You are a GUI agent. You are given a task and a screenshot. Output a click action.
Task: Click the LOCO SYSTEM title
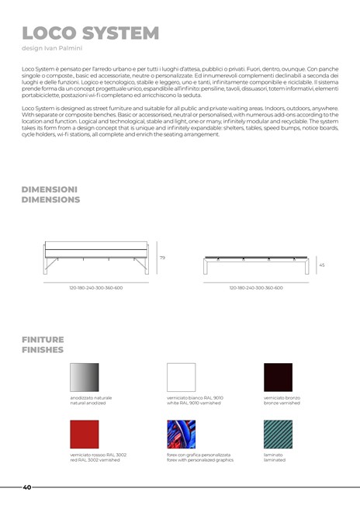(x=91, y=33)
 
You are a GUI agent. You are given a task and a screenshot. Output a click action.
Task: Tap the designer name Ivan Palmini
(x=61, y=49)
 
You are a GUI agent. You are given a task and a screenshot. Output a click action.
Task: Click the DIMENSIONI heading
(x=50, y=189)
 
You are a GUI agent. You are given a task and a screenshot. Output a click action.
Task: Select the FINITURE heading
(x=43, y=340)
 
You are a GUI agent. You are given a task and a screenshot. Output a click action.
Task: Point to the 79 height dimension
(x=162, y=258)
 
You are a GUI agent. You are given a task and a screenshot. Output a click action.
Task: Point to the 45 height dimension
(x=322, y=265)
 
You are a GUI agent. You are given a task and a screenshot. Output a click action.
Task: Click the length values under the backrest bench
(x=95, y=287)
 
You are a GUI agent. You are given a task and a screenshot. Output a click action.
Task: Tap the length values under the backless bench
(x=256, y=287)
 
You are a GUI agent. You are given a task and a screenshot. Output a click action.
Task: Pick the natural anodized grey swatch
(x=85, y=377)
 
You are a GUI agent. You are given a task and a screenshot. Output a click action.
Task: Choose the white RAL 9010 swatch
(x=182, y=377)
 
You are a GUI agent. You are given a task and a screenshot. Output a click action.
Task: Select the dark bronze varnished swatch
(x=278, y=377)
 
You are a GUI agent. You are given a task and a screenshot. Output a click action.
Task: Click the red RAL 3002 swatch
(x=85, y=435)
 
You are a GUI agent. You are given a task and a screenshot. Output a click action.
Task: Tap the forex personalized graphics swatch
(x=182, y=435)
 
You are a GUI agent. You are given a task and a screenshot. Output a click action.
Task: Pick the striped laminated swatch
(x=278, y=435)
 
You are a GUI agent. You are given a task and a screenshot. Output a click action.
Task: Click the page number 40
(x=27, y=487)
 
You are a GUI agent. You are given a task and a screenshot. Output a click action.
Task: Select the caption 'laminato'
(x=275, y=455)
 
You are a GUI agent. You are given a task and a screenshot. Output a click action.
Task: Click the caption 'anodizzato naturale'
(x=91, y=398)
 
